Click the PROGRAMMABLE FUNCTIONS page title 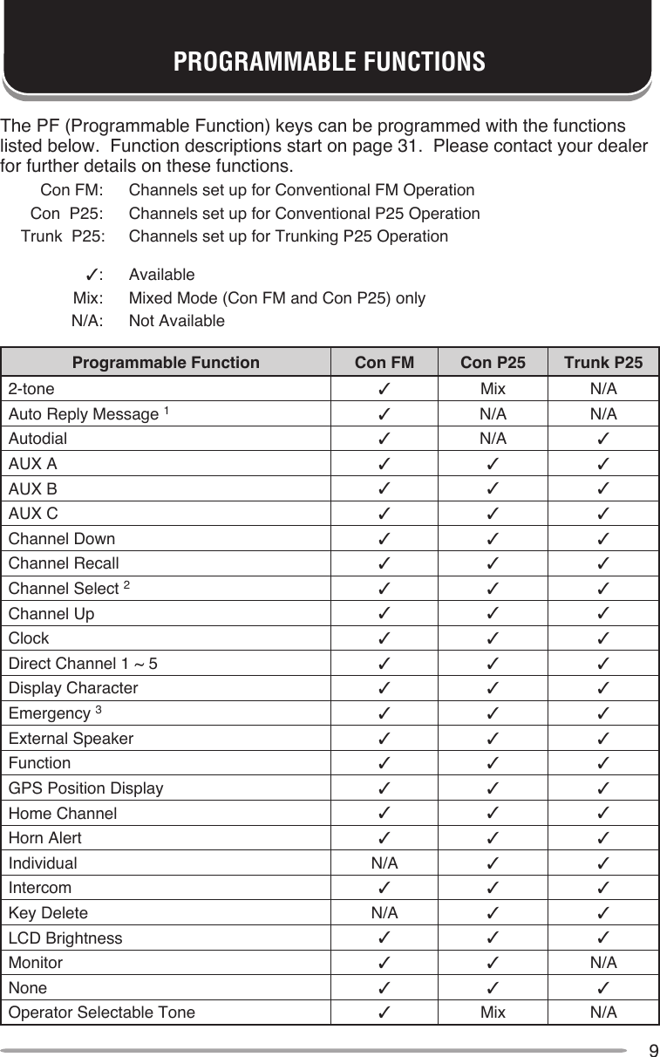(329, 63)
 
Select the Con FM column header (384, 362)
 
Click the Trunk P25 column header (603, 362)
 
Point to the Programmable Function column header (166, 362)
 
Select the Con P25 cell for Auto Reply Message (493, 413)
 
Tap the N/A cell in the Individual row (384, 863)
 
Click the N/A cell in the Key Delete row (384, 913)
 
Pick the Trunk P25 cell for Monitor (603, 963)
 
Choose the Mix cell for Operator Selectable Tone (493, 1013)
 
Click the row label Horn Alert (45, 838)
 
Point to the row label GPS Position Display (85, 788)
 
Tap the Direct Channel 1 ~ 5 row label (84, 663)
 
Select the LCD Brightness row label (65, 938)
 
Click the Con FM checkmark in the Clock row (384, 638)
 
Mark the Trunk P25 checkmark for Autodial (603, 438)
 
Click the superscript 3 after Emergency (99, 710)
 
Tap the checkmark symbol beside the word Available (89, 276)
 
